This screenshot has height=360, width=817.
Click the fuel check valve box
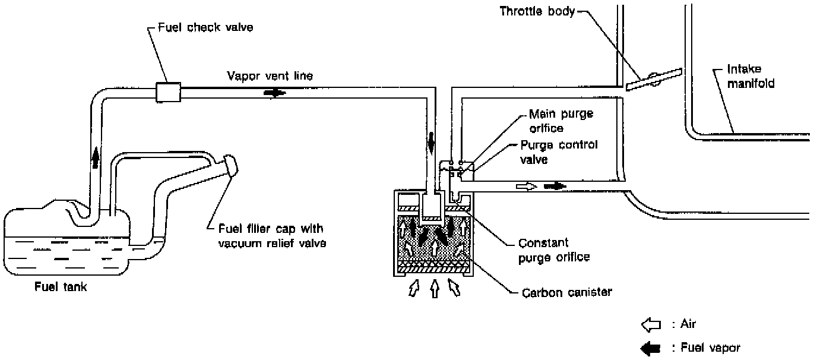tap(168, 92)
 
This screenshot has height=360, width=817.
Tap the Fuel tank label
tap(61, 287)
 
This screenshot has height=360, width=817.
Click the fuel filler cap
tap(230, 165)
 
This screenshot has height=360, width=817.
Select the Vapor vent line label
tap(270, 75)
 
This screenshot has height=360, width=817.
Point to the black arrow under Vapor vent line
tap(275, 93)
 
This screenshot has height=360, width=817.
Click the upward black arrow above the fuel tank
tap(96, 157)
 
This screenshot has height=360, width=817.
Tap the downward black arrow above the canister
tap(431, 143)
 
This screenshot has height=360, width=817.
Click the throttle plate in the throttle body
tap(654, 80)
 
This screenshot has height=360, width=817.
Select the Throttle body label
tap(537, 11)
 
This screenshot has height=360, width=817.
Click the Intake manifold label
tap(750, 76)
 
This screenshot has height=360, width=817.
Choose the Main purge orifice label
tap(561, 121)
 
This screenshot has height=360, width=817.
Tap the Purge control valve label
tap(559, 152)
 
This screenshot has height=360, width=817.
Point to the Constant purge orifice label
tap(553, 250)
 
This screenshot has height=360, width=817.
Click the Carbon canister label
tap(566, 292)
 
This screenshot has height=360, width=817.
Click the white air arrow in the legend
tap(651, 324)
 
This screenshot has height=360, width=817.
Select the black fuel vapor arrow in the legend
tap(651, 348)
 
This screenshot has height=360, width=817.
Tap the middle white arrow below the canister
tap(435, 289)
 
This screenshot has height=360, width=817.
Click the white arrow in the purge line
tap(527, 187)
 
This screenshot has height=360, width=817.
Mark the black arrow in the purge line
tap(555, 187)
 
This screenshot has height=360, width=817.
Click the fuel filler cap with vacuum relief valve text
tap(272, 236)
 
